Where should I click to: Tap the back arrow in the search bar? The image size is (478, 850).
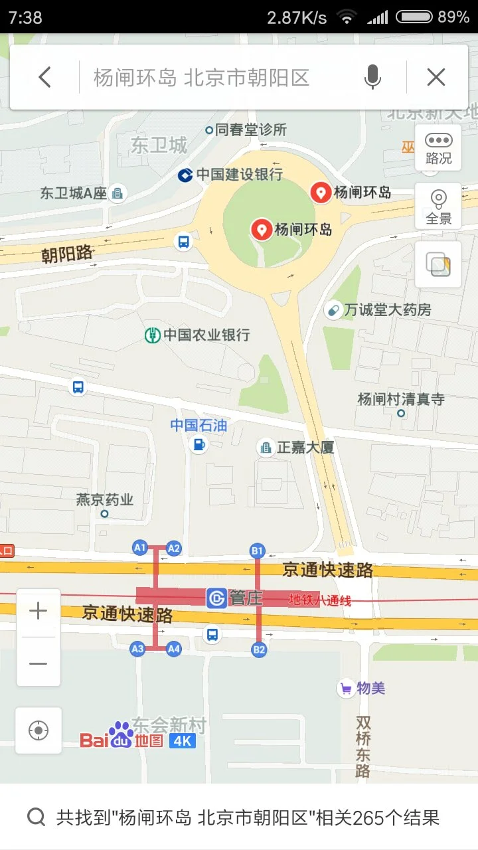click(x=44, y=78)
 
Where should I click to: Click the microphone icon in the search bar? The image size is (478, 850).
click(x=372, y=78)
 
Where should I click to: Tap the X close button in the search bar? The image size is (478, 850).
click(x=436, y=78)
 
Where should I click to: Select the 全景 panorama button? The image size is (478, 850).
click(x=438, y=206)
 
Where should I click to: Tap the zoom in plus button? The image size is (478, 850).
click(x=39, y=612)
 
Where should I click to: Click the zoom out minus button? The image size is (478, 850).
click(x=39, y=663)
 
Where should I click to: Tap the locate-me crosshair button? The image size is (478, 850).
click(x=39, y=730)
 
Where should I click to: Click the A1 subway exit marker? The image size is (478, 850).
click(x=139, y=548)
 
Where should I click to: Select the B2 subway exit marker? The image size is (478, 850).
click(x=259, y=650)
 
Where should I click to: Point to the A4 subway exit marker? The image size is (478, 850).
click(x=174, y=649)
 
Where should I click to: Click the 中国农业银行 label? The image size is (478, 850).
click(x=206, y=335)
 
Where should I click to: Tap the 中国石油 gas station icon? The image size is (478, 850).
click(x=198, y=445)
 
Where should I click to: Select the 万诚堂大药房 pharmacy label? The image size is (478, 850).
click(x=387, y=309)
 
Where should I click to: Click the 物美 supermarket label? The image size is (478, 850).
click(x=370, y=689)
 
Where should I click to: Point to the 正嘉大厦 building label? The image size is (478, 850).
click(x=305, y=448)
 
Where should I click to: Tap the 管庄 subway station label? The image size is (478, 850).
click(x=246, y=598)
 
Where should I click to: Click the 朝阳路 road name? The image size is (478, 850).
click(x=67, y=254)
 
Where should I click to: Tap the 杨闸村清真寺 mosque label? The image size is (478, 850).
click(x=401, y=400)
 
